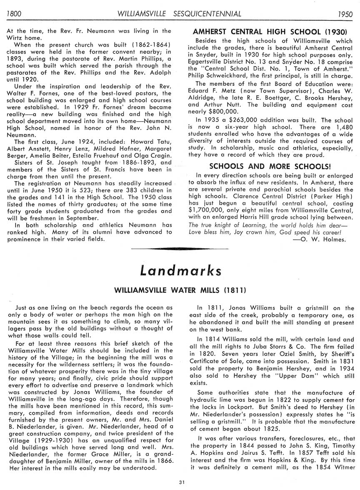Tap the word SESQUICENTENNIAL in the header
(207, 14)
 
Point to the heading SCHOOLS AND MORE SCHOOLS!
(270, 166)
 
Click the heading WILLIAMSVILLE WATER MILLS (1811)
(180, 289)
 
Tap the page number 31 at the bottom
(181, 482)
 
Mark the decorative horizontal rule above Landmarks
(180, 249)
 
